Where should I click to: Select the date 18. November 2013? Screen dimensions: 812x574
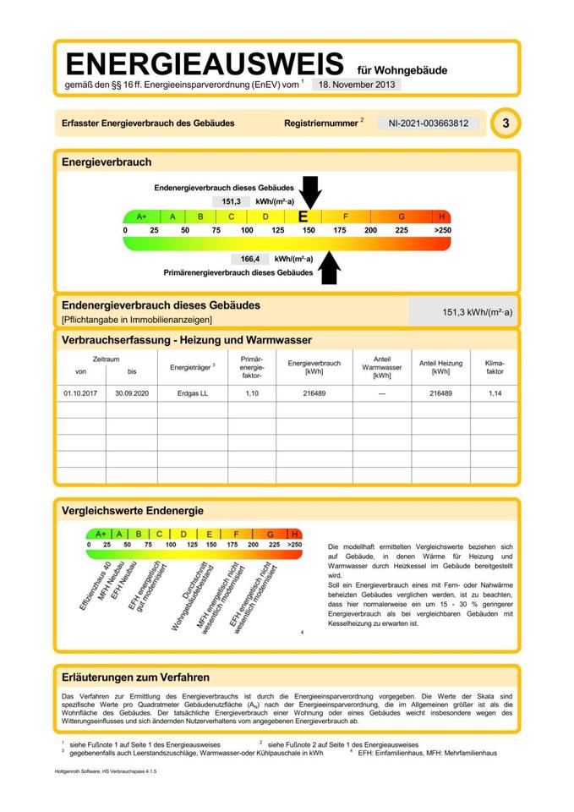pyautogui.click(x=356, y=85)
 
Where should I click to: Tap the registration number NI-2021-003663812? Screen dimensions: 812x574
pyautogui.click(x=428, y=123)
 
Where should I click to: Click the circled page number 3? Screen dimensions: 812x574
pyautogui.click(x=506, y=123)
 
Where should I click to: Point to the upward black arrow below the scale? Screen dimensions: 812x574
pyautogui.click(x=329, y=267)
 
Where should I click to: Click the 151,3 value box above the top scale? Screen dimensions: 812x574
pyautogui.click(x=232, y=201)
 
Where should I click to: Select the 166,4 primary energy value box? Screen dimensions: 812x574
pyautogui.click(x=249, y=259)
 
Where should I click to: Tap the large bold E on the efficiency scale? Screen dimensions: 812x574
pyautogui.click(x=303, y=217)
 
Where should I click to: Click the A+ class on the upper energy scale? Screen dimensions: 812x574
pyautogui.click(x=140, y=217)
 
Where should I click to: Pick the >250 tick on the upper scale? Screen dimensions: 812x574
pyautogui.click(x=442, y=230)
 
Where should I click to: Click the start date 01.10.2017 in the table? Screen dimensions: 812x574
pyautogui.click(x=80, y=393)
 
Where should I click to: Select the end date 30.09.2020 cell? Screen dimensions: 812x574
pyautogui.click(x=131, y=393)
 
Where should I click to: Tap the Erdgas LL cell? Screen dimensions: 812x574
pyautogui.click(x=192, y=393)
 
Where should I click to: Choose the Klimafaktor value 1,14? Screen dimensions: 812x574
pyautogui.click(x=495, y=393)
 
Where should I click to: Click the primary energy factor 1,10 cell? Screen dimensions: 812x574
pyautogui.click(x=252, y=393)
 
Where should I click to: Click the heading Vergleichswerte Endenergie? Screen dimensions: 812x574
pyautogui.click(x=133, y=511)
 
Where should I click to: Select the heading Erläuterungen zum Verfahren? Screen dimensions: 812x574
pyautogui.click(x=136, y=677)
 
